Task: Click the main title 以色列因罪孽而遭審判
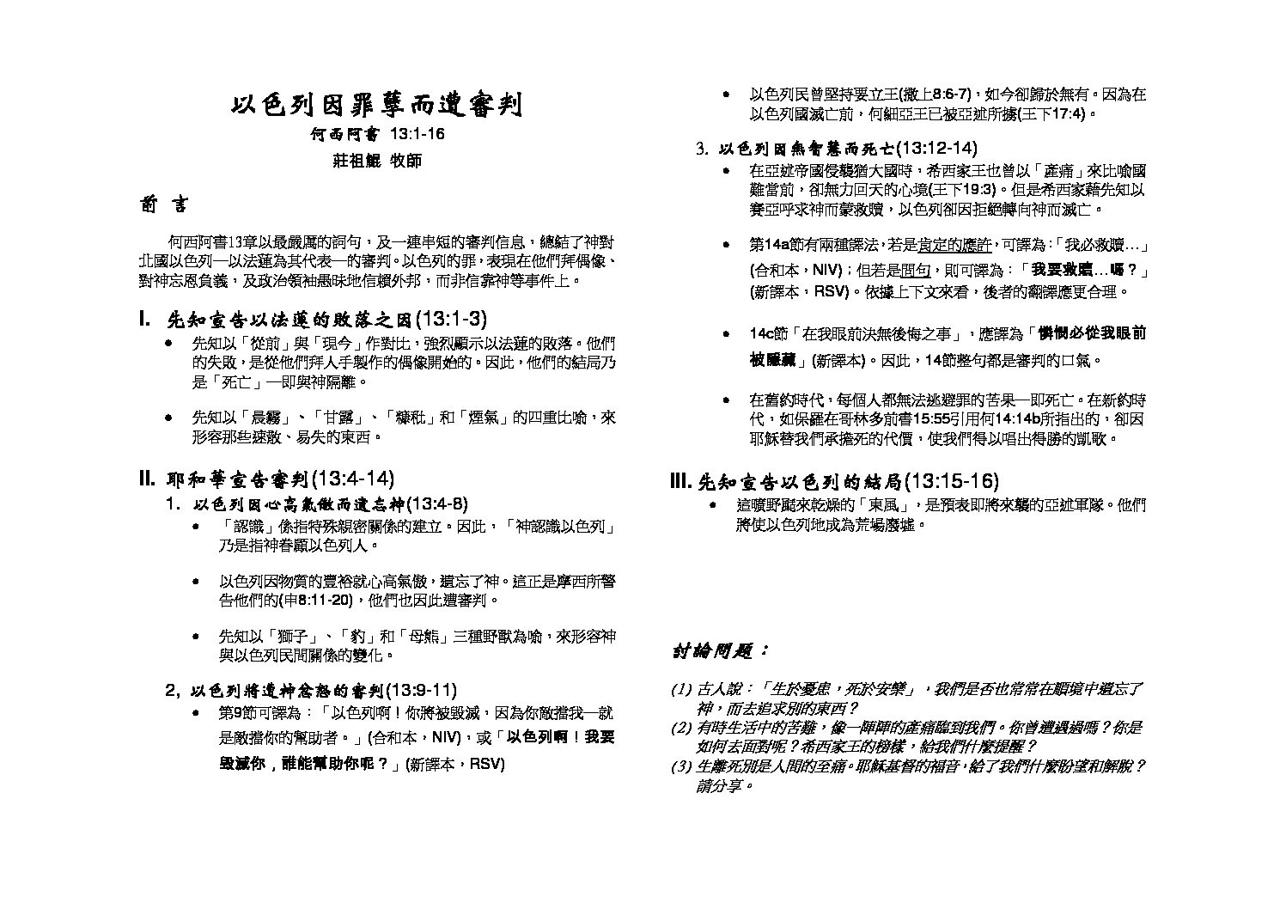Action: (x=376, y=106)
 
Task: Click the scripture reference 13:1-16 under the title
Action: (x=417, y=135)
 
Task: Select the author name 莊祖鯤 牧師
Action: (x=377, y=161)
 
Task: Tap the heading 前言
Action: (x=162, y=205)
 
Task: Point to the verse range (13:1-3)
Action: (x=451, y=320)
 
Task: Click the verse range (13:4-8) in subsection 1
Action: (x=435, y=503)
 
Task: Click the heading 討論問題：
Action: (x=720, y=651)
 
